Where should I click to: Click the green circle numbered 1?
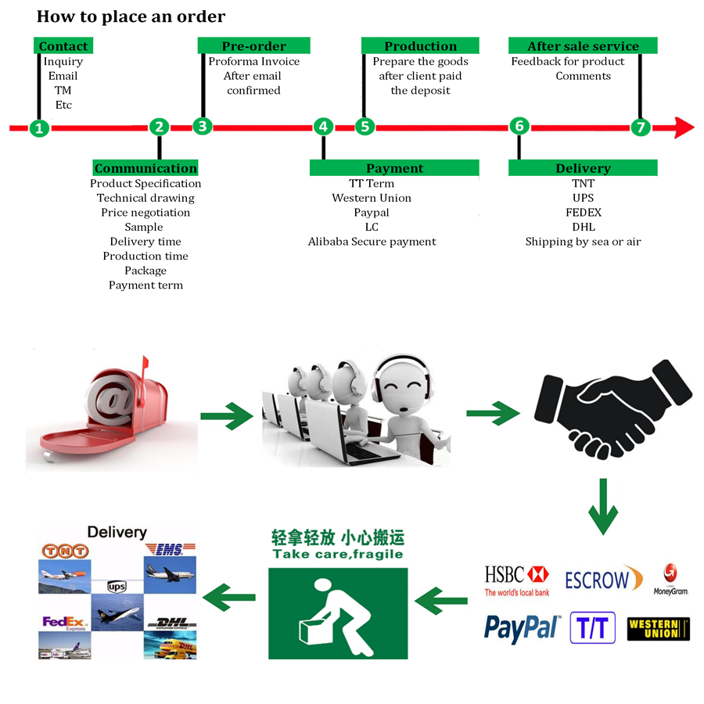pos(39,128)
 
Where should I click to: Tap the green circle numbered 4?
pos(323,127)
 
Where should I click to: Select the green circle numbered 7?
pos(641,128)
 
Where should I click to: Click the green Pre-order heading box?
pos(254,46)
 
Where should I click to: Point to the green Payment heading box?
pos(395,168)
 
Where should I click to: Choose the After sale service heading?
pos(583,46)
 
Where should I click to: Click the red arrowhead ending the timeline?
pos(684,128)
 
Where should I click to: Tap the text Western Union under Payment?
pos(372,198)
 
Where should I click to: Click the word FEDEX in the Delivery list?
pos(584,212)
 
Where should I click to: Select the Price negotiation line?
pos(145,213)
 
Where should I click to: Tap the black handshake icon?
pos(612,409)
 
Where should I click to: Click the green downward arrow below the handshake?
pos(603,506)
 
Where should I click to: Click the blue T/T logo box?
pos(593,627)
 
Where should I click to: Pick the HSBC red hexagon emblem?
pos(538,574)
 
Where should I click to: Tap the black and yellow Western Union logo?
pos(658,629)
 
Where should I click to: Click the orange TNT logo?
pos(65,551)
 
